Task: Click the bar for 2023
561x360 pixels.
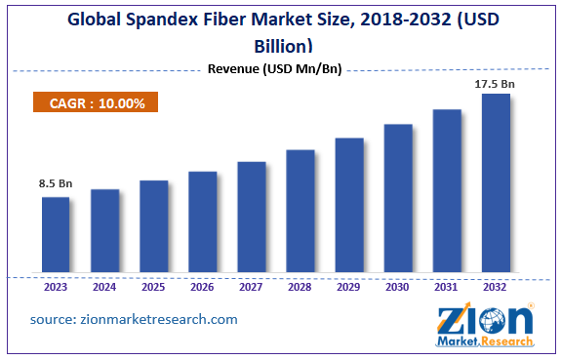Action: (56, 233)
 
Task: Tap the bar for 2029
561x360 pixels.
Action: (349, 204)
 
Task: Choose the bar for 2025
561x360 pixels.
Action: (153, 225)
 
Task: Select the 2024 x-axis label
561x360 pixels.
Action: (104, 288)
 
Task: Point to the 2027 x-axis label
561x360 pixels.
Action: (252, 288)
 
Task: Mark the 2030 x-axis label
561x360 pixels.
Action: (398, 288)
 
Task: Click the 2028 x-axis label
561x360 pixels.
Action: (301, 288)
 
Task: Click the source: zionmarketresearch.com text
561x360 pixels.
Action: (134, 319)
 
